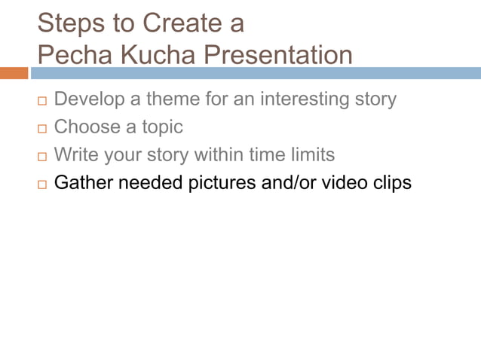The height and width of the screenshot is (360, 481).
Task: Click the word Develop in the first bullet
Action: tap(88, 99)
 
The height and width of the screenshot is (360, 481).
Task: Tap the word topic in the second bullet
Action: tap(159, 127)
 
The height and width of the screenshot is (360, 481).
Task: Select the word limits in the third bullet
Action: tap(311, 155)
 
